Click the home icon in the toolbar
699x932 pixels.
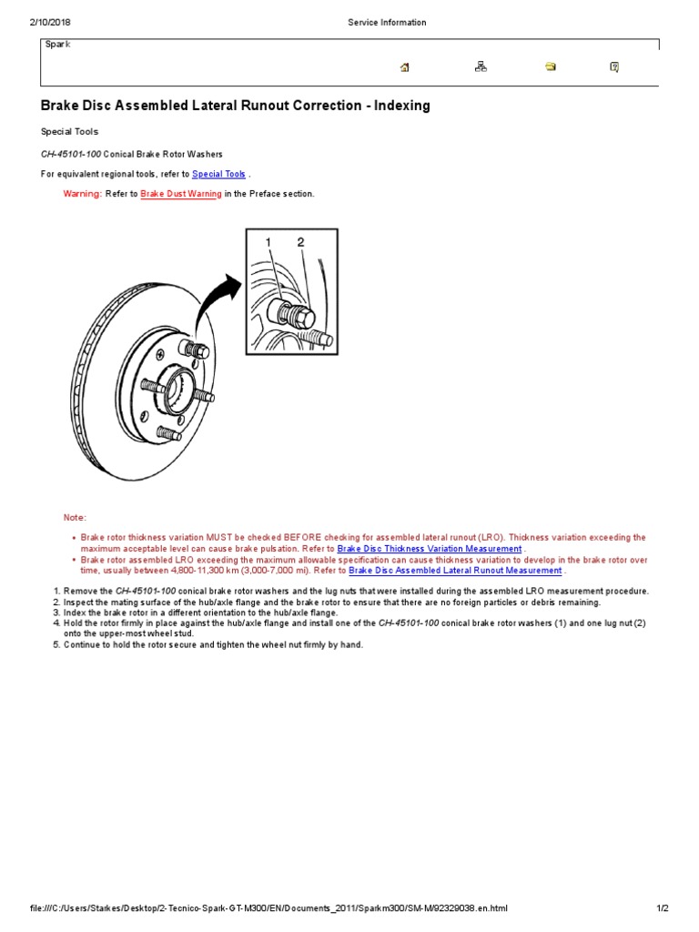405,66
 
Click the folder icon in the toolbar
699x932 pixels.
550,66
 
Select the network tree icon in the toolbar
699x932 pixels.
481,66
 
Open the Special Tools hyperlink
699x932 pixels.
218,174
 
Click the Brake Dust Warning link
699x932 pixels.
181,194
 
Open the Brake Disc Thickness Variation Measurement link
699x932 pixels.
429,549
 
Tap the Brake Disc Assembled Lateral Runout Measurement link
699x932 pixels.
455,571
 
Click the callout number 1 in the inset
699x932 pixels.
268,242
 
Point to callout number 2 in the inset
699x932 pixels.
300,242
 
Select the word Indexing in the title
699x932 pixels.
400,106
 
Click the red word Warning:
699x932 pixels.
82,194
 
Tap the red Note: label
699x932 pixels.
75,517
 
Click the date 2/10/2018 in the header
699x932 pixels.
50,23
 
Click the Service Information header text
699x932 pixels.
387,23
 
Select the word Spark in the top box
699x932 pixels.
57,44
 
